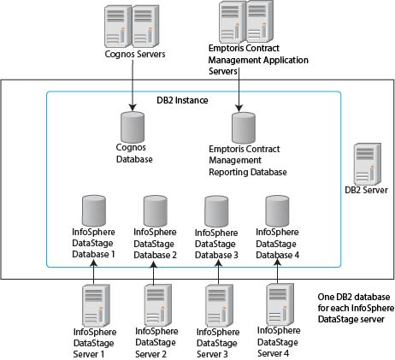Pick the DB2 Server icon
pyautogui.click(x=365, y=162)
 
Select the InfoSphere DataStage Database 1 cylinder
pyautogui.click(x=94, y=210)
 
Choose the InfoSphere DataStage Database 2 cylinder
pyautogui.click(x=155, y=210)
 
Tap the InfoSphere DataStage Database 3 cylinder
pyautogui.click(x=215, y=210)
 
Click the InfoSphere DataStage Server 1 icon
pyautogui.click(x=94, y=304)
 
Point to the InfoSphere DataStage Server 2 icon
pyautogui.click(x=155, y=304)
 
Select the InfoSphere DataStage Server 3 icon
pyautogui.click(x=216, y=304)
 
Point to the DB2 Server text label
pyautogui.click(x=364, y=190)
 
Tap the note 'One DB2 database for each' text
pyautogui.click(x=351, y=305)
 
